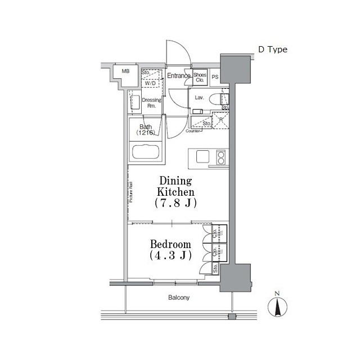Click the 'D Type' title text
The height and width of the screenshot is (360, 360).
pyautogui.click(x=272, y=49)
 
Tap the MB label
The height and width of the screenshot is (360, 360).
pyautogui.click(x=126, y=71)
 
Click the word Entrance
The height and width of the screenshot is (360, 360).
pyautogui.click(x=178, y=75)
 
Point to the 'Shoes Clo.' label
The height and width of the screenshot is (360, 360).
pyautogui.click(x=200, y=78)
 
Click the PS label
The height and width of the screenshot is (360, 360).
pyautogui.click(x=215, y=76)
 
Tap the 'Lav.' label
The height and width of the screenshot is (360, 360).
pyautogui.click(x=199, y=97)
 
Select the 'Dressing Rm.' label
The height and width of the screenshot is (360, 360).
pyautogui.click(x=151, y=103)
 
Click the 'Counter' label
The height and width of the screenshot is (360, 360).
pyautogui.click(x=193, y=131)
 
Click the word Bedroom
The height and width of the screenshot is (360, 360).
pyautogui.click(x=170, y=244)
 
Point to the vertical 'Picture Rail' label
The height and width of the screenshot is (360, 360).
pyautogui.click(x=130, y=192)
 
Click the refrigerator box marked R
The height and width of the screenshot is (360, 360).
pyautogui.click(x=220, y=120)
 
